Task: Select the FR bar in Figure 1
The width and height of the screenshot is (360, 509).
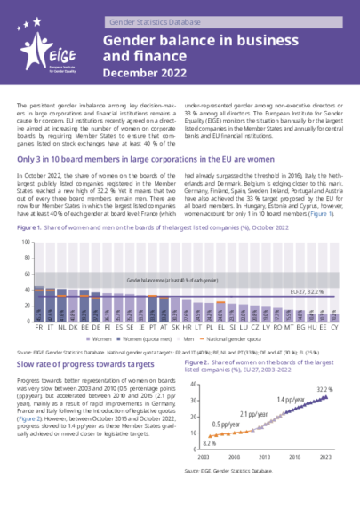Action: pyautogui.click(x=38, y=304)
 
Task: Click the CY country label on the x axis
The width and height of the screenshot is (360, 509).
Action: pyautogui.click(x=334, y=327)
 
